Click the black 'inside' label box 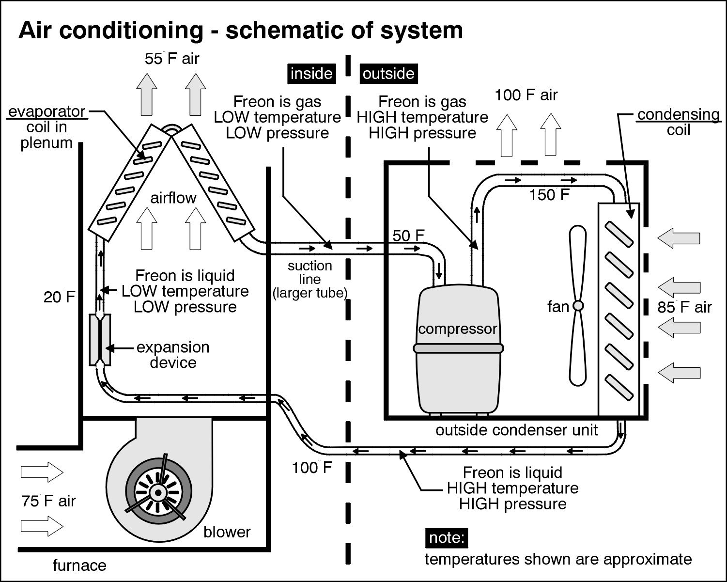point(311,74)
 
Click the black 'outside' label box point(388,74)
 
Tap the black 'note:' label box point(447,538)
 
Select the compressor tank point(458,349)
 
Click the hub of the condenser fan point(578,306)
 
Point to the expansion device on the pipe point(100,339)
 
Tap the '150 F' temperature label point(549,195)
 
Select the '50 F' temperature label point(408,236)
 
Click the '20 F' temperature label point(60,297)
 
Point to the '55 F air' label point(172,59)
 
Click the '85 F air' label point(684,307)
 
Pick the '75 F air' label point(48,501)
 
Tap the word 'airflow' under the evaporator point(173,198)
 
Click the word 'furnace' point(79,566)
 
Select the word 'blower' point(227,532)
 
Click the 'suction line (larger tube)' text point(310,279)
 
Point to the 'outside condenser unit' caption point(517,430)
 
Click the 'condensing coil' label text point(678,122)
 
